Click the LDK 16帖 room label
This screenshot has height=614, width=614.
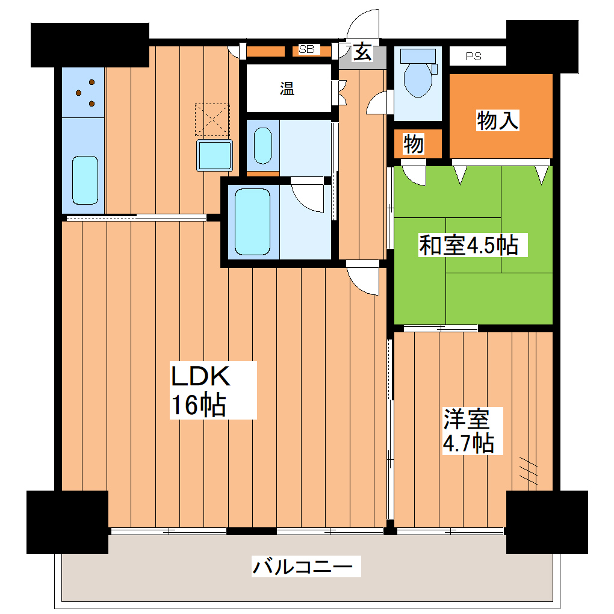(x=200, y=390)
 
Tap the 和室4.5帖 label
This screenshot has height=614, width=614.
(x=468, y=245)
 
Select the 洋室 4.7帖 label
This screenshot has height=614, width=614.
(x=468, y=431)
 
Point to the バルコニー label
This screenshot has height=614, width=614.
(x=306, y=567)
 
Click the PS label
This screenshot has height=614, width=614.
(x=473, y=57)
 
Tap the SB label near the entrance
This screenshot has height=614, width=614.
(x=306, y=49)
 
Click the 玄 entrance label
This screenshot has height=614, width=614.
(x=361, y=53)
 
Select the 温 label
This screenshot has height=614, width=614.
(x=287, y=89)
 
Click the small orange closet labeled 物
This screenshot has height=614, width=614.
(x=414, y=144)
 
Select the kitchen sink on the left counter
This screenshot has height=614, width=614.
(x=85, y=179)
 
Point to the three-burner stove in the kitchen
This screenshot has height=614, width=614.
(x=84, y=91)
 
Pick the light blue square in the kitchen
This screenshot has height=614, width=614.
(x=215, y=155)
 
